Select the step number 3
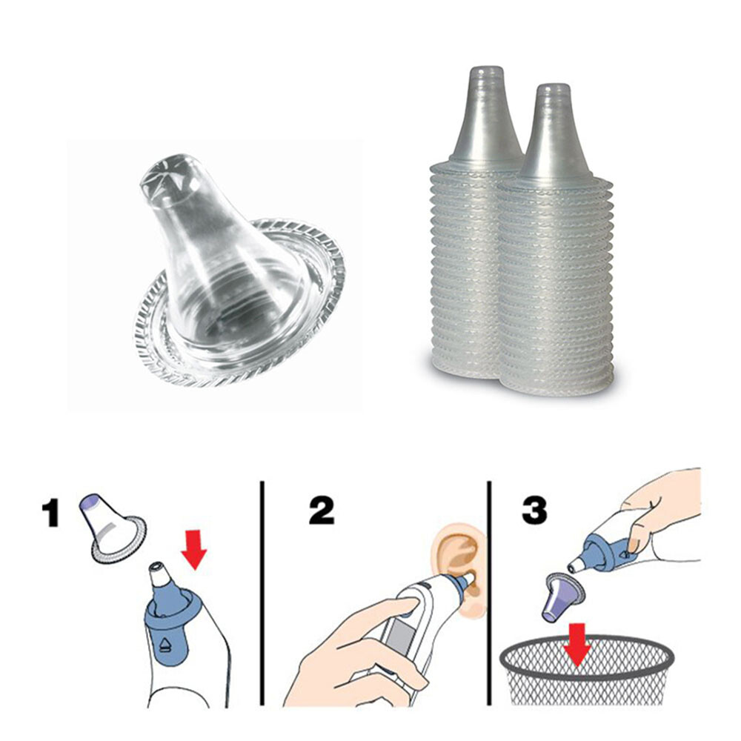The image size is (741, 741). pos(534,510)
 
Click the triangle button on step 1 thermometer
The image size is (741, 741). pos(164,642)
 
